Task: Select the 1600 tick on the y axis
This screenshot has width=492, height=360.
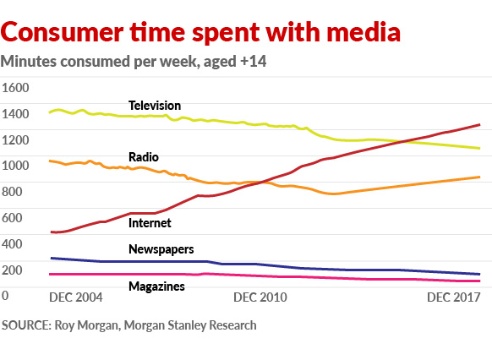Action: tap(16, 88)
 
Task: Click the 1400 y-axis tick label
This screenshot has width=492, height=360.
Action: tap(16, 114)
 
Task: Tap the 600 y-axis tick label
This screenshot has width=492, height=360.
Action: tap(13, 218)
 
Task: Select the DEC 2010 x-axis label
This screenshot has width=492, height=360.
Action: tap(260, 297)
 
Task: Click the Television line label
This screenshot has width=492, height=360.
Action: tap(155, 106)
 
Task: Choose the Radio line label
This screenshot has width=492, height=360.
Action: tap(144, 157)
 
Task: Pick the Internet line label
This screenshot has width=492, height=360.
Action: tap(150, 223)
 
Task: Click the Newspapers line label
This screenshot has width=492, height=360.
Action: tap(161, 249)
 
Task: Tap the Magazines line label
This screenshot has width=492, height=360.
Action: tap(156, 287)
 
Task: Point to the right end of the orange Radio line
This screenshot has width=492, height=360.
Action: tap(480, 177)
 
